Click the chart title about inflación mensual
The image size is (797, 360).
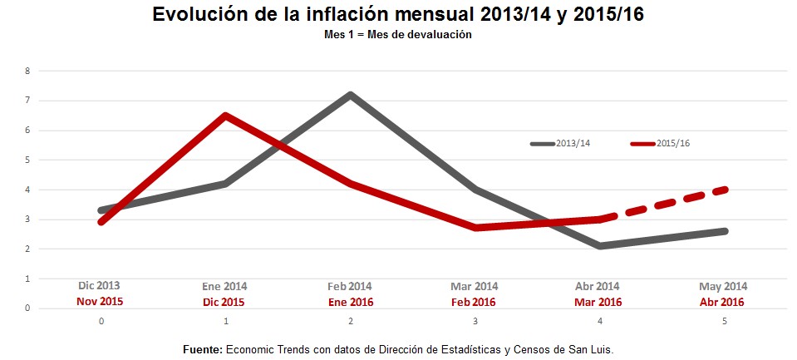(x=398, y=15)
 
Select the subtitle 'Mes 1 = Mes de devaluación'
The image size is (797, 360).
(x=398, y=35)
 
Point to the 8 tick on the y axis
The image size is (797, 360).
(x=27, y=72)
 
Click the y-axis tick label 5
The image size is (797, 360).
(x=27, y=160)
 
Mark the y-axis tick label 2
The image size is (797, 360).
(x=27, y=249)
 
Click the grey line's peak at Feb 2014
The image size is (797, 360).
(x=351, y=95)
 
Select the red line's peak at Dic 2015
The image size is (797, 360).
(x=225, y=116)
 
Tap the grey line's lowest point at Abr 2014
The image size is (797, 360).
(x=599, y=246)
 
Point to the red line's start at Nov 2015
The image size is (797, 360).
(x=101, y=222)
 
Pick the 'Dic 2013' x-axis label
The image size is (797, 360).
(x=100, y=285)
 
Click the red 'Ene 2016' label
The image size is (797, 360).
(x=350, y=302)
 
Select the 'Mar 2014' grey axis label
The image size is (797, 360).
(x=474, y=286)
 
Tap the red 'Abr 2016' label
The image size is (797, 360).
(x=721, y=302)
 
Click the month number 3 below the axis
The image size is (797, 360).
(x=475, y=321)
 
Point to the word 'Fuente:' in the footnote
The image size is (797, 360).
(x=202, y=350)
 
